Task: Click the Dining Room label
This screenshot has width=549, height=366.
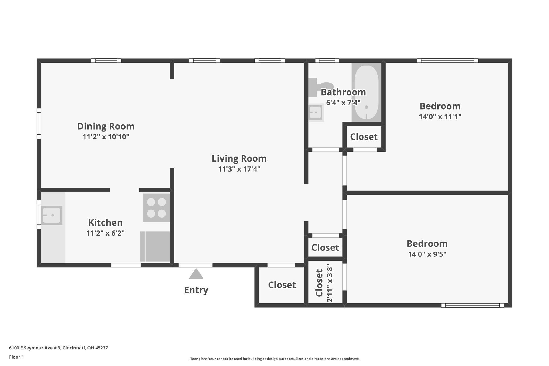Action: click(106, 126)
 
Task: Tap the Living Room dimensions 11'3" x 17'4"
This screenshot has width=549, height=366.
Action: click(239, 169)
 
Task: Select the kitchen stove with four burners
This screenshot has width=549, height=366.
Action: click(156, 208)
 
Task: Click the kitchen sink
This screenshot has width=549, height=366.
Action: click(52, 215)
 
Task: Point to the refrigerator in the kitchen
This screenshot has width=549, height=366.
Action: click(155, 246)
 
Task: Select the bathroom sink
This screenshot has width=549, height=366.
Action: click(315, 112)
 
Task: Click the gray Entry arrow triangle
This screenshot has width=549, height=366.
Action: click(196, 274)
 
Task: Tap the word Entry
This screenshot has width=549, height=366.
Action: click(196, 290)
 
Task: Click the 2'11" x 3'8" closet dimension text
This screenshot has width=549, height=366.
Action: click(330, 283)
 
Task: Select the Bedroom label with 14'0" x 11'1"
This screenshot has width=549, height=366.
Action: click(440, 106)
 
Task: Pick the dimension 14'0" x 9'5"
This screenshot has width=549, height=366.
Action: click(427, 254)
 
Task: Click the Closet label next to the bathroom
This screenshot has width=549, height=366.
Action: click(364, 137)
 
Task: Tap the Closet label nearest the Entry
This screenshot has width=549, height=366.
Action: click(282, 285)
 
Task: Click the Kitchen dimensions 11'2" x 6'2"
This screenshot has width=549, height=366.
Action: click(105, 233)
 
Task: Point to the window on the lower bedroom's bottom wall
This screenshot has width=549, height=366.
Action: click(472, 305)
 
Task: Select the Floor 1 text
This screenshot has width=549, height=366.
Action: click(16, 357)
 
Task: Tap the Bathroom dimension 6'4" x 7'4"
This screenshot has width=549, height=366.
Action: click(343, 102)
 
